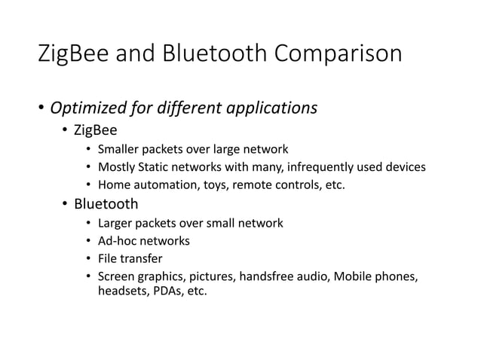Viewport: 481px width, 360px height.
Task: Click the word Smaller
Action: click(121, 149)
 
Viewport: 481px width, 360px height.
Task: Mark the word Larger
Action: click(118, 223)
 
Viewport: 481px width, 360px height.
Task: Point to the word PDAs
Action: click(164, 291)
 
